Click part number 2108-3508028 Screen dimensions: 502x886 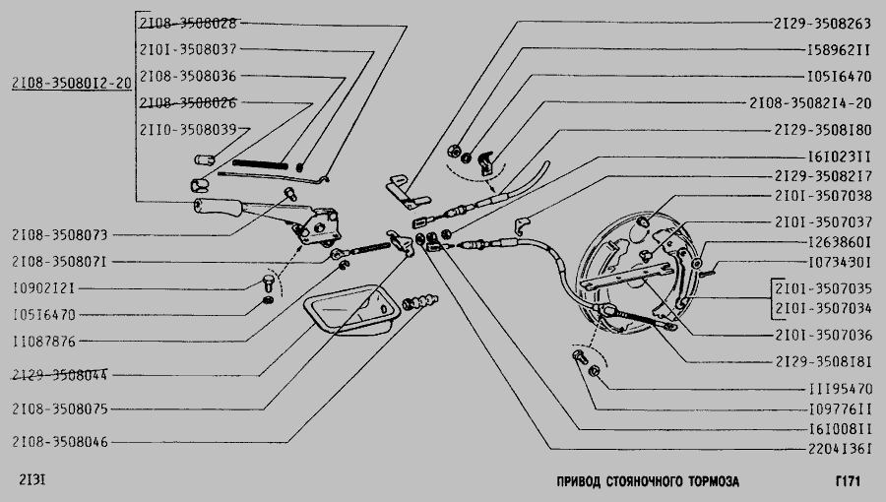pyautogui.click(x=187, y=22)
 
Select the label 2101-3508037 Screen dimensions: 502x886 pyautogui.click(x=187, y=49)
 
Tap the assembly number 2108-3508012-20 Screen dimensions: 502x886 pyautogui.click(x=70, y=83)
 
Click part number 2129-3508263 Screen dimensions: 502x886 pyautogui.click(x=822, y=22)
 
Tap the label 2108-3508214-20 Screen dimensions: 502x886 pyautogui.click(x=810, y=102)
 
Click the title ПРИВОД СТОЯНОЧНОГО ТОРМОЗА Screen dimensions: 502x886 pyautogui.click(x=647, y=481)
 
